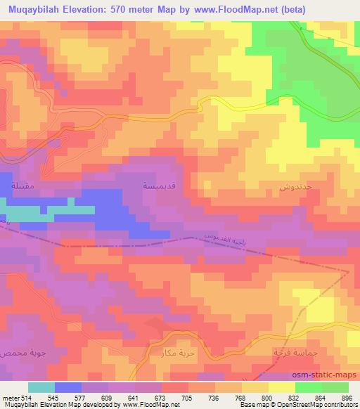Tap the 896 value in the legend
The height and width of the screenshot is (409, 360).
[x=346, y=398]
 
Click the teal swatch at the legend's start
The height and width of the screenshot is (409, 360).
[x=41, y=387]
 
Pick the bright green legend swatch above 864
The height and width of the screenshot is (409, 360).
[x=309, y=387]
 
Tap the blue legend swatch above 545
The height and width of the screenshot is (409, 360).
[x=67, y=387]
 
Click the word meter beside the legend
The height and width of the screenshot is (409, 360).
[x=10, y=398]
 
